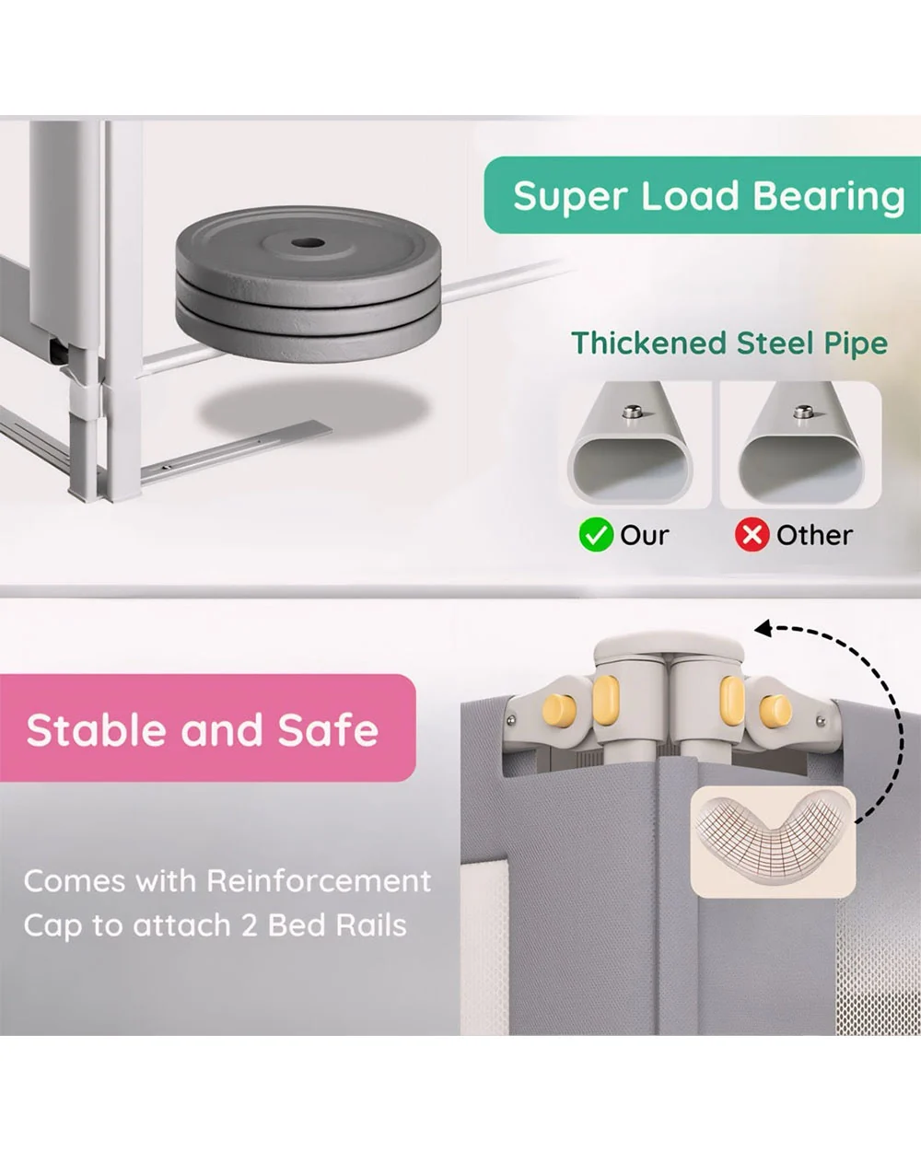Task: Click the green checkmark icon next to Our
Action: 596,534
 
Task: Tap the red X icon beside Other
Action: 752,534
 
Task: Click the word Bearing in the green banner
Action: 829,197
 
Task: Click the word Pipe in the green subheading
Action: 857,344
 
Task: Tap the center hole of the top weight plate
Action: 309,243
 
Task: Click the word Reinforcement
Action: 319,881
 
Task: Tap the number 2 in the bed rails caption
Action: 250,925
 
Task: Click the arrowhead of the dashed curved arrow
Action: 762,629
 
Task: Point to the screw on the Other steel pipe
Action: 803,413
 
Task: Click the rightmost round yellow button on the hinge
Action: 775,712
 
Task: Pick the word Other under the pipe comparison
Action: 814,535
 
